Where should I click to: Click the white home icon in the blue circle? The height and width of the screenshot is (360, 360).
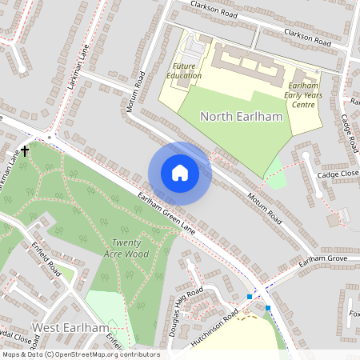click(x=179, y=173)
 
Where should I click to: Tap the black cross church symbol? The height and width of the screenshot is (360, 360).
click(x=25, y=150)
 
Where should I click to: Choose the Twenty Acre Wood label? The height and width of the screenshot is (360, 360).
click(x=130, y=247)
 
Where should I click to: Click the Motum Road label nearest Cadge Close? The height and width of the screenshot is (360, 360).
click(x=265, y=207)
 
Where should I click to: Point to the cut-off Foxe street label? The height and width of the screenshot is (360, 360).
click(x=354, y=313)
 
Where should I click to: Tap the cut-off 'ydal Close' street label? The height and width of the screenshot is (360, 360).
click(x=20, y=337)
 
